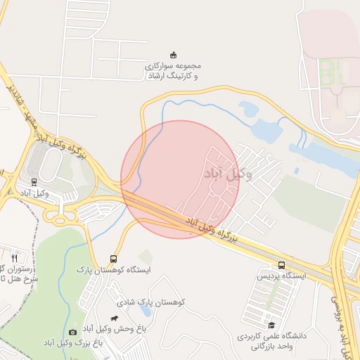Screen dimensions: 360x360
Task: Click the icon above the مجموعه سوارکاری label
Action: [x=174, y=55]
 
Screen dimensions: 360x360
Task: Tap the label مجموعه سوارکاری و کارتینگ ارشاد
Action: [x=172, y=70]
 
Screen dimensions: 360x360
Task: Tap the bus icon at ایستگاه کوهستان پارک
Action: [x=114, y=258]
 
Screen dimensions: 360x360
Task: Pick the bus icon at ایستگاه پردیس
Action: [x=282, y=265]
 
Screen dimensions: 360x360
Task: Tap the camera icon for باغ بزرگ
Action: [x=73, y=332]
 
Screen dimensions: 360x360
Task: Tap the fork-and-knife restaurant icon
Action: [x=14, y=257]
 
